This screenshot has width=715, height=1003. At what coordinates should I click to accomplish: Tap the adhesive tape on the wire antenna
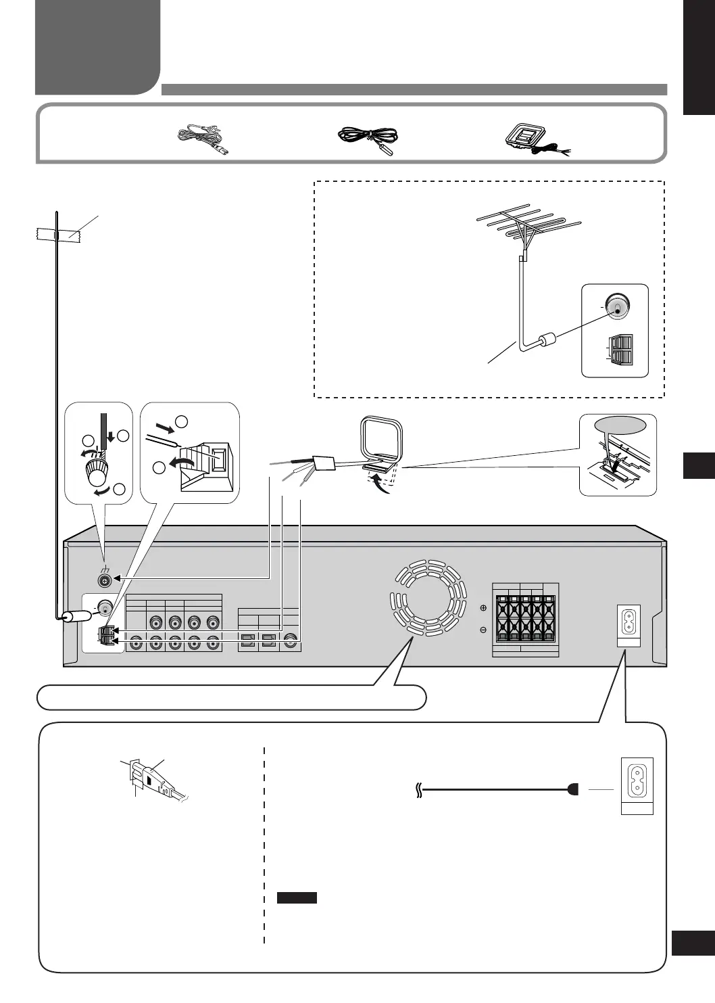click(x=58, y=235)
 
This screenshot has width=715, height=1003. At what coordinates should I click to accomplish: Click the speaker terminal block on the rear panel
click(x=525, y=617)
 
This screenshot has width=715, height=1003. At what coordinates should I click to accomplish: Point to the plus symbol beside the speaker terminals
click(x=483, y=607)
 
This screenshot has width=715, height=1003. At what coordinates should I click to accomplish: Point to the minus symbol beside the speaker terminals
click(x=483, y=630)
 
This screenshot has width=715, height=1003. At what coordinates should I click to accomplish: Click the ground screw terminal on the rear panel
click(x=105, y=580)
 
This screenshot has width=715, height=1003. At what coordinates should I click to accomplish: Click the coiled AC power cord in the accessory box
click(x=202, y=139)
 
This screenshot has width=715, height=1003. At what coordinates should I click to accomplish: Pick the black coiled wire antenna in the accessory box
click(x=369, y=139)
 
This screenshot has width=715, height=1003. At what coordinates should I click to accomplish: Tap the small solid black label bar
click(x=297, y=898)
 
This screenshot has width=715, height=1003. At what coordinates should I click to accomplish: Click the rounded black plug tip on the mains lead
click(x=574, y=789)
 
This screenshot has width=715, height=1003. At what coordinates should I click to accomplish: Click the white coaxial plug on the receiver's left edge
click(x=76, y=616)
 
